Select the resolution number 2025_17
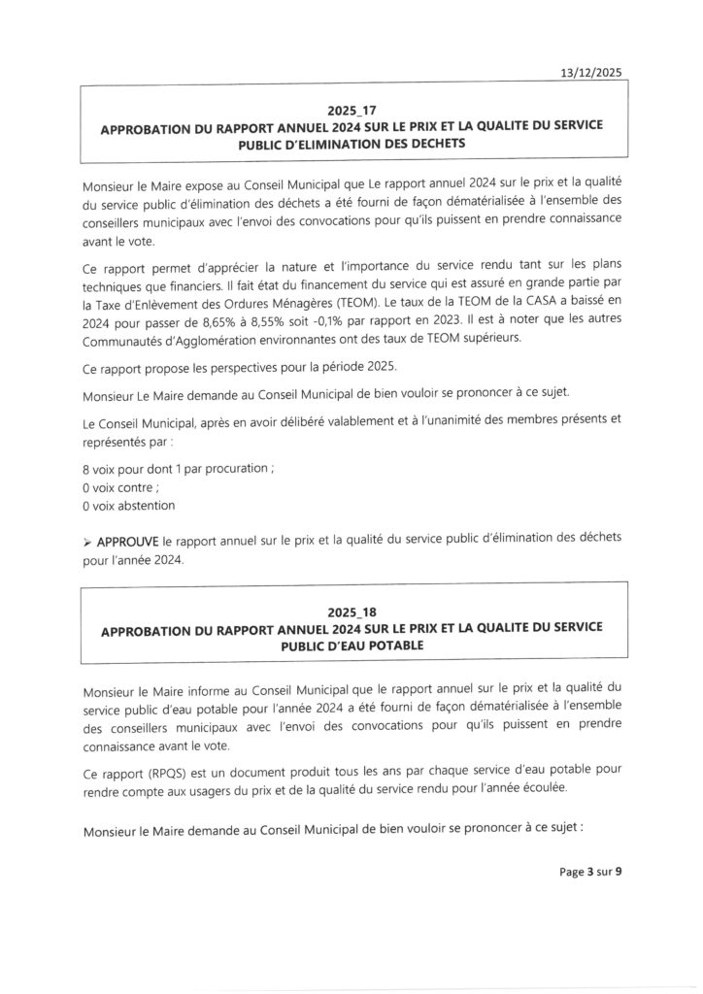click(x=351, y=111)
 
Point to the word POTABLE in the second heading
click(x=421, y=644)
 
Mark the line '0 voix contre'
click(x=121, y=487)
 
